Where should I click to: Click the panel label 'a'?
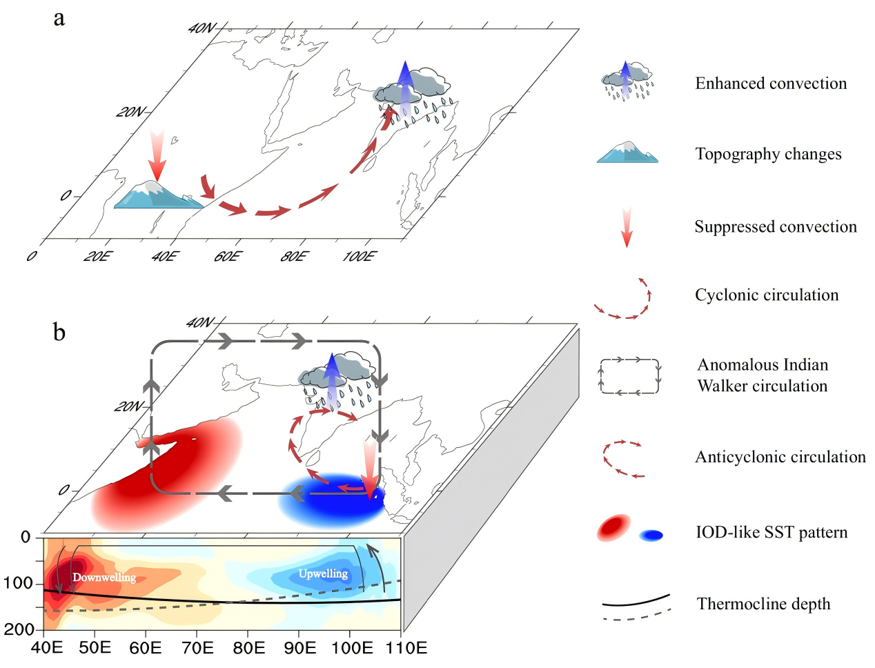pyautogui.click(x=59, y=19)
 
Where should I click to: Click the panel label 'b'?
pyautogui.click(x=59, y=333)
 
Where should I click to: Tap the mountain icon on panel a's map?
pyautogui.click(x=158, y=195)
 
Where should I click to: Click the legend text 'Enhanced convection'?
pyautogui.click(x=770, y=83)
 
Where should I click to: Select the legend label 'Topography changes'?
pyautogui.click(x=768, y=154)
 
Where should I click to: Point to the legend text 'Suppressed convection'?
pyautogui.click(x=775, y=227)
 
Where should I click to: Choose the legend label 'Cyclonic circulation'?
pyautogui.click(x=767, y=295)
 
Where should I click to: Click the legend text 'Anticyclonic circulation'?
pyautogui.click(x=780, y=457)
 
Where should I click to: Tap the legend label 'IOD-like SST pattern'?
pyautogui.click(x=771, y=533)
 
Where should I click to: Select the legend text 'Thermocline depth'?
pyautogui.click(x=763, y=605)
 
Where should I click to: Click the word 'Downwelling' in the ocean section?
pyautogui.click(x=104, y=578)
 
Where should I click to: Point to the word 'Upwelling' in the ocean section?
pyautogui.click(x=323, y=573)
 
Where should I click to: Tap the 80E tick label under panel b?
pyautogui.click(x=248, y=649)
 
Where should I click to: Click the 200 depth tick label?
pyautogui.click(x=19, y=629)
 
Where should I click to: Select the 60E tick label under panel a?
pyautogui.click(x=228, y=257)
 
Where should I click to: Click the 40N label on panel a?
pyautogui.click(x=202, y=28)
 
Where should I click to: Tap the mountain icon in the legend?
pyautogui.click(x=627, y=153)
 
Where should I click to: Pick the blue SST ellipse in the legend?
pyautogui.click(x=651, y=535)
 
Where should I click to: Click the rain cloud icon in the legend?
pyautogui.click(x=627, y=81)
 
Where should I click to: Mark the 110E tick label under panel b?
pyautogui.click(x=405, y=649)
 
